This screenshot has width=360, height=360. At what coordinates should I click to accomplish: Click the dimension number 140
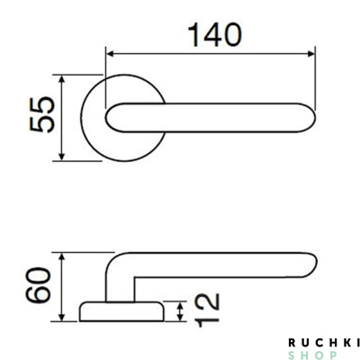pos(214,35)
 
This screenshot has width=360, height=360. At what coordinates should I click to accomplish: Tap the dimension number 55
pos(42,114)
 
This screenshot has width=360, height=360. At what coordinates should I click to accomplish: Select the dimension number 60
pos(38,284)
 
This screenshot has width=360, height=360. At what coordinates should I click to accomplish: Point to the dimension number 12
pos(207,310)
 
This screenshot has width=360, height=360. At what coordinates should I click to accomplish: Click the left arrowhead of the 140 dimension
pos(110,54)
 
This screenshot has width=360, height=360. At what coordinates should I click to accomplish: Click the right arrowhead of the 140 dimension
pos(311,54)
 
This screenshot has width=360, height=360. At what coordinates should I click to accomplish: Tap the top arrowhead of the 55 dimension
pos(61,79)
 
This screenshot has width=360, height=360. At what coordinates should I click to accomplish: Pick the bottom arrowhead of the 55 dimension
pos(61,157)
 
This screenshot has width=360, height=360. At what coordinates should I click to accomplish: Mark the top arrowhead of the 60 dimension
pos(61,257)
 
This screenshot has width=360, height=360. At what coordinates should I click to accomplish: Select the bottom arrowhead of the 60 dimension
pos(61,317)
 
